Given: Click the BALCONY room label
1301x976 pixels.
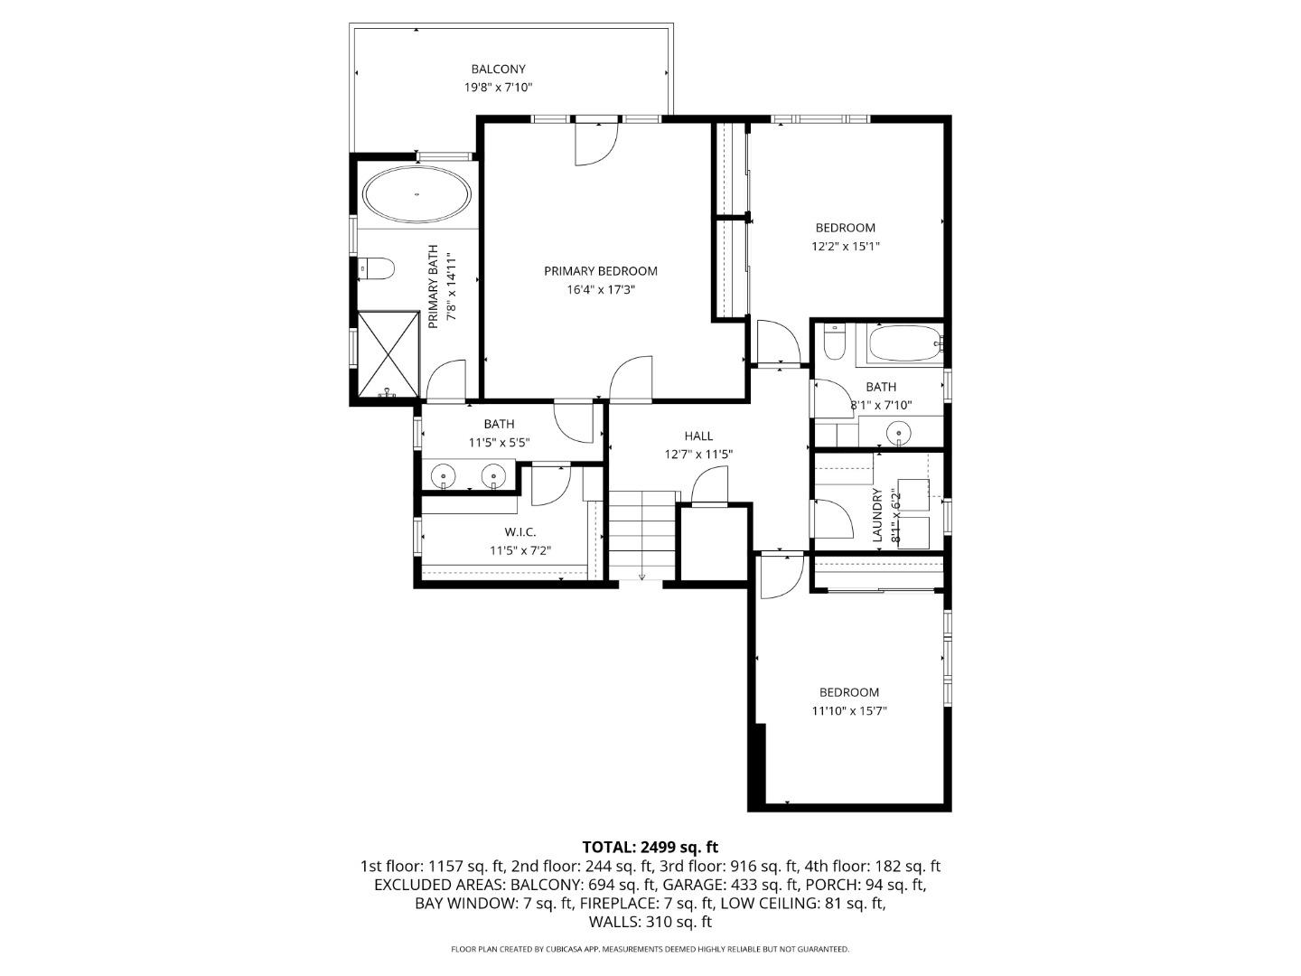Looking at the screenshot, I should [498, 69].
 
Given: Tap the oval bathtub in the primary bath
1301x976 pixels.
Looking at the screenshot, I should [417, 194].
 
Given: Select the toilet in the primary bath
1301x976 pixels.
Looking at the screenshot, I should [377, 268].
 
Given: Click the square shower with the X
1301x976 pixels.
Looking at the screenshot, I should [388, 353].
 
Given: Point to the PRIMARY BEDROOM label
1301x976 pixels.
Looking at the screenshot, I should [600, 271].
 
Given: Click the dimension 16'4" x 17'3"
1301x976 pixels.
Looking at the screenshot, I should [600, 290].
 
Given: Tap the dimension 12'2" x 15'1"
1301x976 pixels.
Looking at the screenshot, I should [845, 246].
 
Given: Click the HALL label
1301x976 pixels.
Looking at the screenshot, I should [698, 436].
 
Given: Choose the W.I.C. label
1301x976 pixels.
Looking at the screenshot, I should [519, 531].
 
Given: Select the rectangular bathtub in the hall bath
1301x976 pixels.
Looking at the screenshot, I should [904, 344].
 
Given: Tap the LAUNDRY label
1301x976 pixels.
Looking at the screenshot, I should [876, 515].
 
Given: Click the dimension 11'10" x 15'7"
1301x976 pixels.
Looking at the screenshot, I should [848, 711].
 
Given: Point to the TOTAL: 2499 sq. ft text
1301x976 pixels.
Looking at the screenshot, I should [650, 847].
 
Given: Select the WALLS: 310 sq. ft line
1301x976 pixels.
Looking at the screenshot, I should [650, 923].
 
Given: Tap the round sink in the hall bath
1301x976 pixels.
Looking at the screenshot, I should [899, 433].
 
